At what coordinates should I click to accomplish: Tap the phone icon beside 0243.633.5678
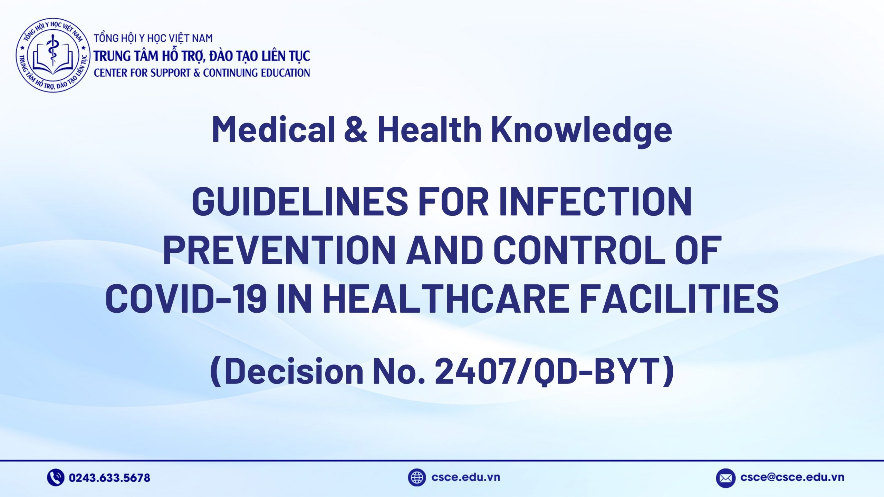pos(55,478)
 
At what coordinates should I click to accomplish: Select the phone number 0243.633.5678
pos(109,478)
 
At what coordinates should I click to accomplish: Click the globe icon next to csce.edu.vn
pos(416,477)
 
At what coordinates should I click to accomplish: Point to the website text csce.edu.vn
pos(465,477)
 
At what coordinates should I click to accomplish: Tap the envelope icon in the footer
pos(725,478)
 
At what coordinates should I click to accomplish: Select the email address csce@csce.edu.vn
pos(792,477)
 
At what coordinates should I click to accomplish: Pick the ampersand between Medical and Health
pos(356,129)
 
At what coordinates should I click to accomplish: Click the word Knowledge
pos(582,130)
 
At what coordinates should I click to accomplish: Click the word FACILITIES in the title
pos(679,298)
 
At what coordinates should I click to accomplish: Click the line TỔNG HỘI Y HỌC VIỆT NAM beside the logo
pos(153,38)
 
